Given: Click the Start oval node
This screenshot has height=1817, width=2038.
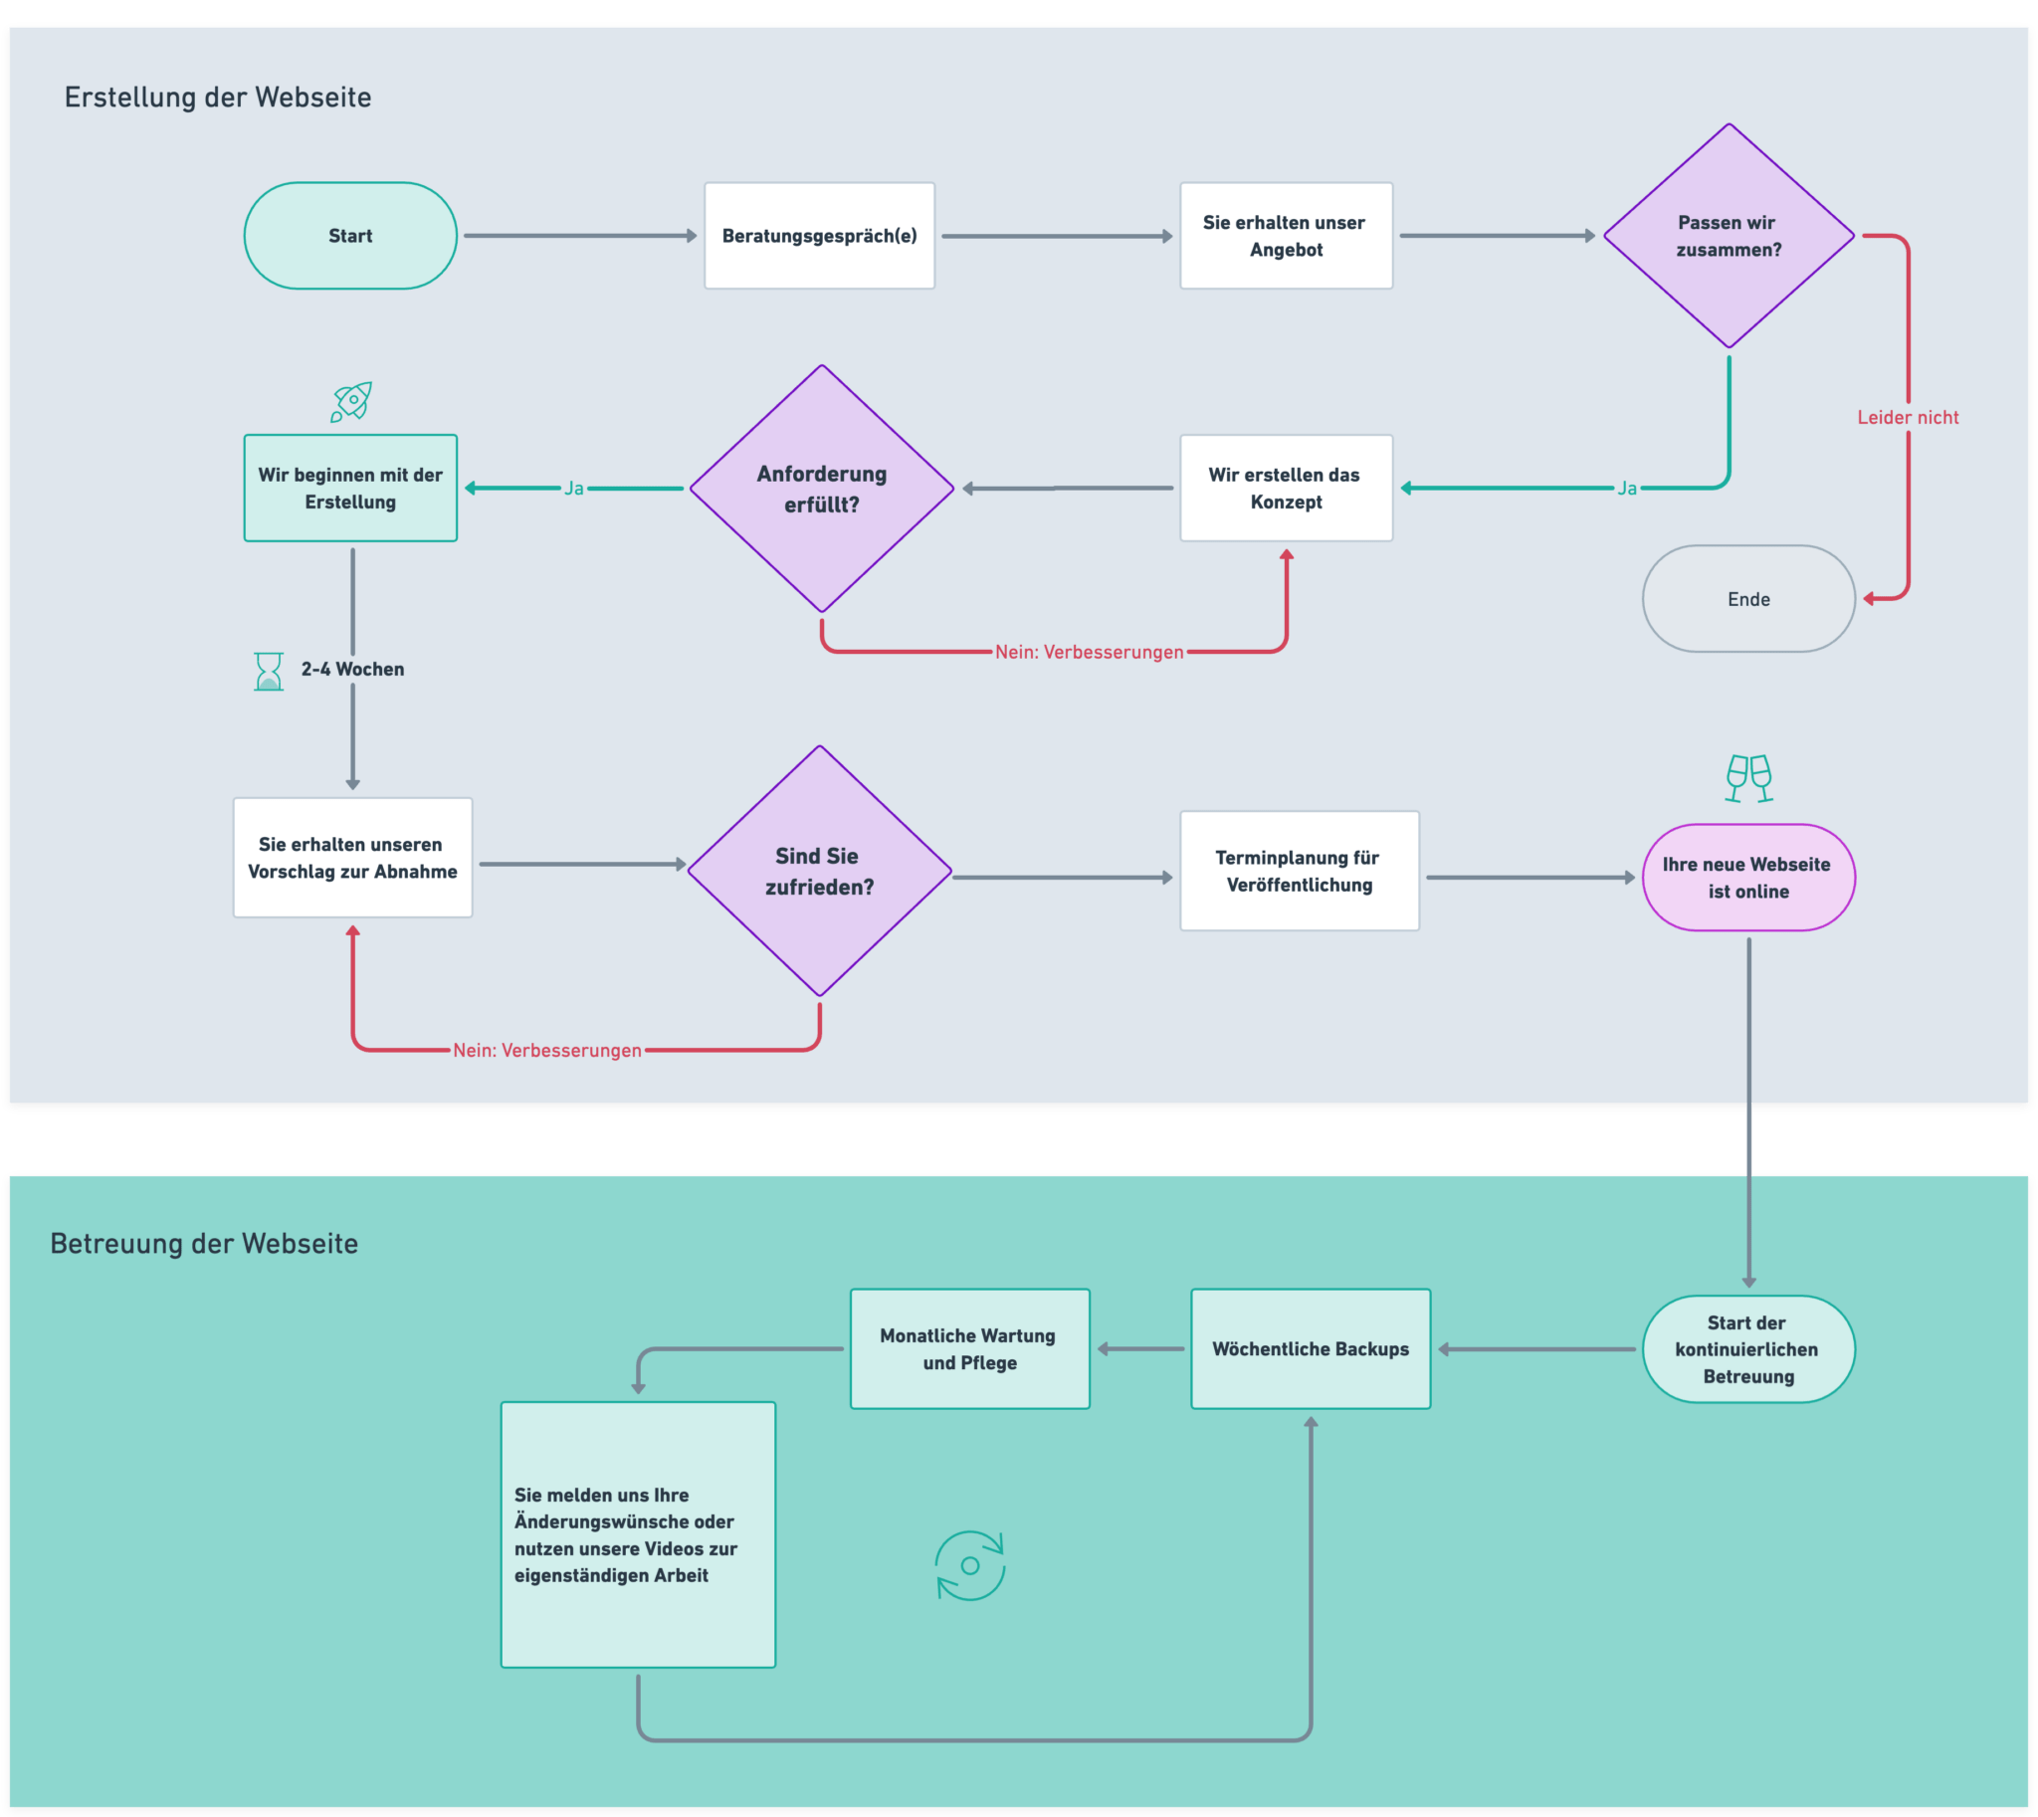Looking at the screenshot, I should [x=350, y=236].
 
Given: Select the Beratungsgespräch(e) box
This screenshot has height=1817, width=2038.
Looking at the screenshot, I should [x=819, y=236].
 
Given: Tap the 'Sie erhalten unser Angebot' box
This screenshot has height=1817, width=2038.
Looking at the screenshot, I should [x=1285, y=236].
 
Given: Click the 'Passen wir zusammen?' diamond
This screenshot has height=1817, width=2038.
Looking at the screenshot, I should [x=1729, y=236].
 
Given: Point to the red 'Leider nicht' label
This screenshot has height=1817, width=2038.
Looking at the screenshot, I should [x=1908, y=417].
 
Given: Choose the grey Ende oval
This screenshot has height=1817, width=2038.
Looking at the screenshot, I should [x=1748, y=599].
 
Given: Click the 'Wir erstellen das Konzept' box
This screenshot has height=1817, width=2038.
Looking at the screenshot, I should [x=1285, y=489].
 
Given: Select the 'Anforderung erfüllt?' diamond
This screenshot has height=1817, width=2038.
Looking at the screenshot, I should [x=821, y=489].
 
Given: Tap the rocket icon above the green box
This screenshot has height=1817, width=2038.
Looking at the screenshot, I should [x=351, y=401].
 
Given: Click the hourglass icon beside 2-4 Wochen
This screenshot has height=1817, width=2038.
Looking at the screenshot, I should [x=269, y=671].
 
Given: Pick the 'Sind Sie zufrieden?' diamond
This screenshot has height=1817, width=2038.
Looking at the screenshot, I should [x=819, y=871].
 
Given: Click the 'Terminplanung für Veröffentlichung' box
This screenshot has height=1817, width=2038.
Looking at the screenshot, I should [x=1298, y=871].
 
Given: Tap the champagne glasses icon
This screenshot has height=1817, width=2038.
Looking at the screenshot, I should [x=1748, y=778].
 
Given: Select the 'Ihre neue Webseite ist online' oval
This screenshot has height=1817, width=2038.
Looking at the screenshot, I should [x=1748, y=878].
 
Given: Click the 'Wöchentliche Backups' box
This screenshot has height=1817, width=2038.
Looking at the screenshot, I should [x=1310, y=1348].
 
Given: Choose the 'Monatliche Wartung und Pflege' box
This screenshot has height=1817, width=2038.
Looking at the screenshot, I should [x=968, y=1348].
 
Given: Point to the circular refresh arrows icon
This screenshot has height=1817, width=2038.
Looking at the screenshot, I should [x=969, y=1565].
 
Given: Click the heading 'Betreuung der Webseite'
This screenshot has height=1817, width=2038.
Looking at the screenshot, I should [x=204, y=1243].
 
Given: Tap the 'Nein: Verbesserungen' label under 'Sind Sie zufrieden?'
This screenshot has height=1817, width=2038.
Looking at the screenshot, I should [x=547, y=1050].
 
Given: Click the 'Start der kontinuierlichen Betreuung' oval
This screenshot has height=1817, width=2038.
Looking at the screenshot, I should [x=1748, y=1348].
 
